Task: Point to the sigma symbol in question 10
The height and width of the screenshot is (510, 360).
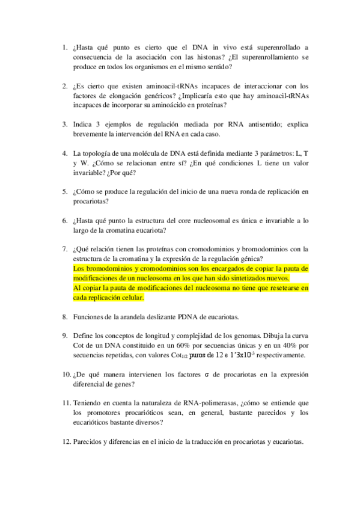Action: pos(206,374)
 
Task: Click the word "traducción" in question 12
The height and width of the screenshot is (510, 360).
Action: pos(178,441)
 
